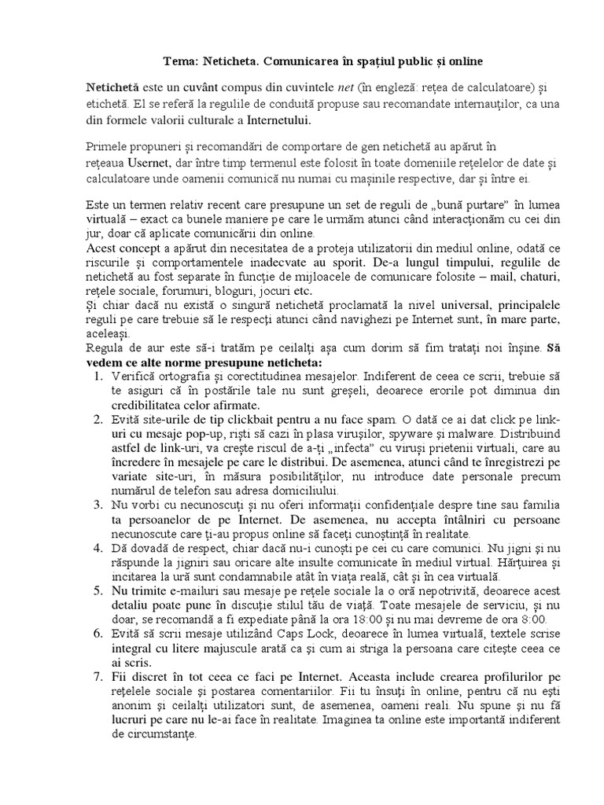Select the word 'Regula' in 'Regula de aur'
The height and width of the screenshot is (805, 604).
105,349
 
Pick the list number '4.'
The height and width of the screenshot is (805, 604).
98,549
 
